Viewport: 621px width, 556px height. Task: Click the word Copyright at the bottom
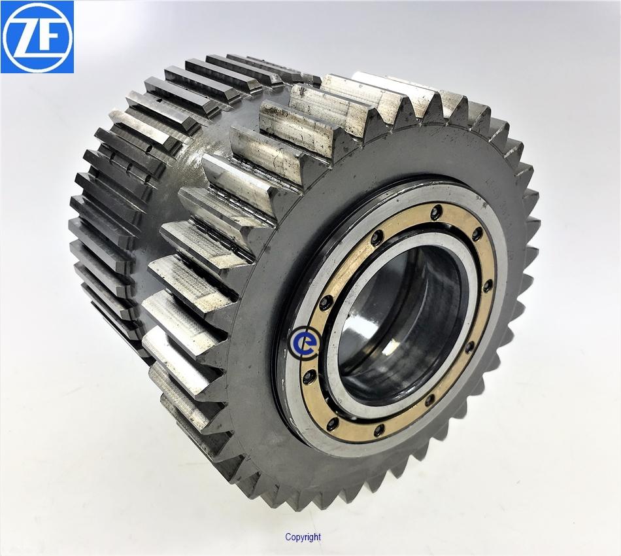click(x=303, y=538)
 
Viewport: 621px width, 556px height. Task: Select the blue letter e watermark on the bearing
click(x=304, y=344)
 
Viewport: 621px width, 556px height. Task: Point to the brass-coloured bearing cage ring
click(x=475, y=246)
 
